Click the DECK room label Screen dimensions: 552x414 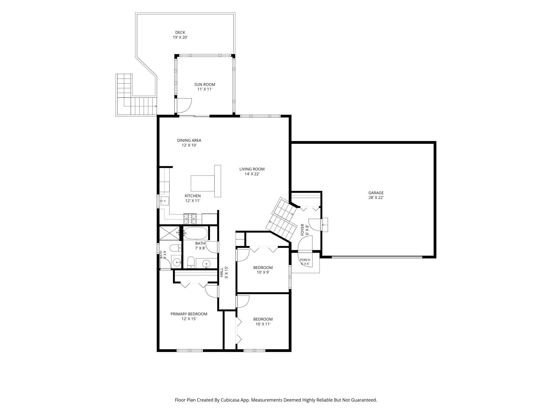[x=180, y=33]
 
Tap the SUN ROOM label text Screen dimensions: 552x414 [x=205, y=84]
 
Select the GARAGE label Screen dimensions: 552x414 [x=376, y=193]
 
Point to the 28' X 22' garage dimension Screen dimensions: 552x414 [x=376, y=198]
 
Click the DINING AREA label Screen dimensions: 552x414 [x=189, y=140]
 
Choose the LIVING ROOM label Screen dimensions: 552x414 [x=252, y=169]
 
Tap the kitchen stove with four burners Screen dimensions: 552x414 [x=190, y=219]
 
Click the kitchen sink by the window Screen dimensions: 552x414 [x=165, y=201]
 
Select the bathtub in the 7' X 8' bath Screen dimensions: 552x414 [x=196, y=233]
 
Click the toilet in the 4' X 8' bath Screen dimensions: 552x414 [x=175, y=248]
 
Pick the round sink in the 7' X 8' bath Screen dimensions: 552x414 [x=206, y=264]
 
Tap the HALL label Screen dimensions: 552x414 [x=222, y=272]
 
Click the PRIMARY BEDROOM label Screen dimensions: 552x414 [x=189, y=314]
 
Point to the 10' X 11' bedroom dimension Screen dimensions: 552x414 [x=263, y=324]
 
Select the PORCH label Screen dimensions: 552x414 [x=305, y=260]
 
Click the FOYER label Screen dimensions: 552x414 [x=302, y=230]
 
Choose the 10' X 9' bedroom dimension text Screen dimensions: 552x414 [x=263, y=272]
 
